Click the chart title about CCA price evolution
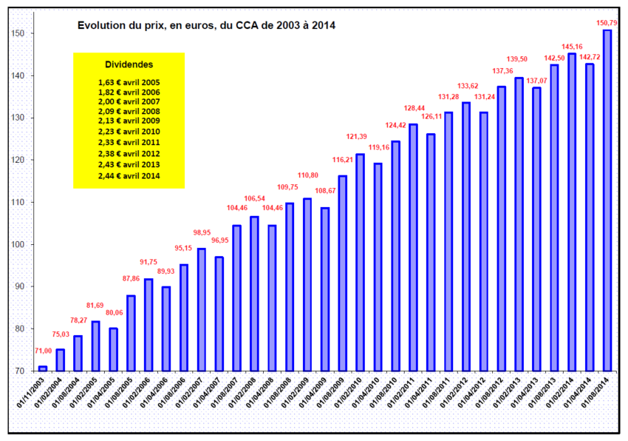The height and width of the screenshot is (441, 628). click(207, 26)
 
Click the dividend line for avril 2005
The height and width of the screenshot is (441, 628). click(129, 82)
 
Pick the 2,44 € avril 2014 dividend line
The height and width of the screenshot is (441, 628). click(129, 176)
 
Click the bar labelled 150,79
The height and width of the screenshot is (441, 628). click(607, 200)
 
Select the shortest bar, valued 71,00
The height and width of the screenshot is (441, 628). click(43, 368)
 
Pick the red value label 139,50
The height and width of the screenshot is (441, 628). click(519, 58)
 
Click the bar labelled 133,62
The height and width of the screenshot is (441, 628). click(465, 237)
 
